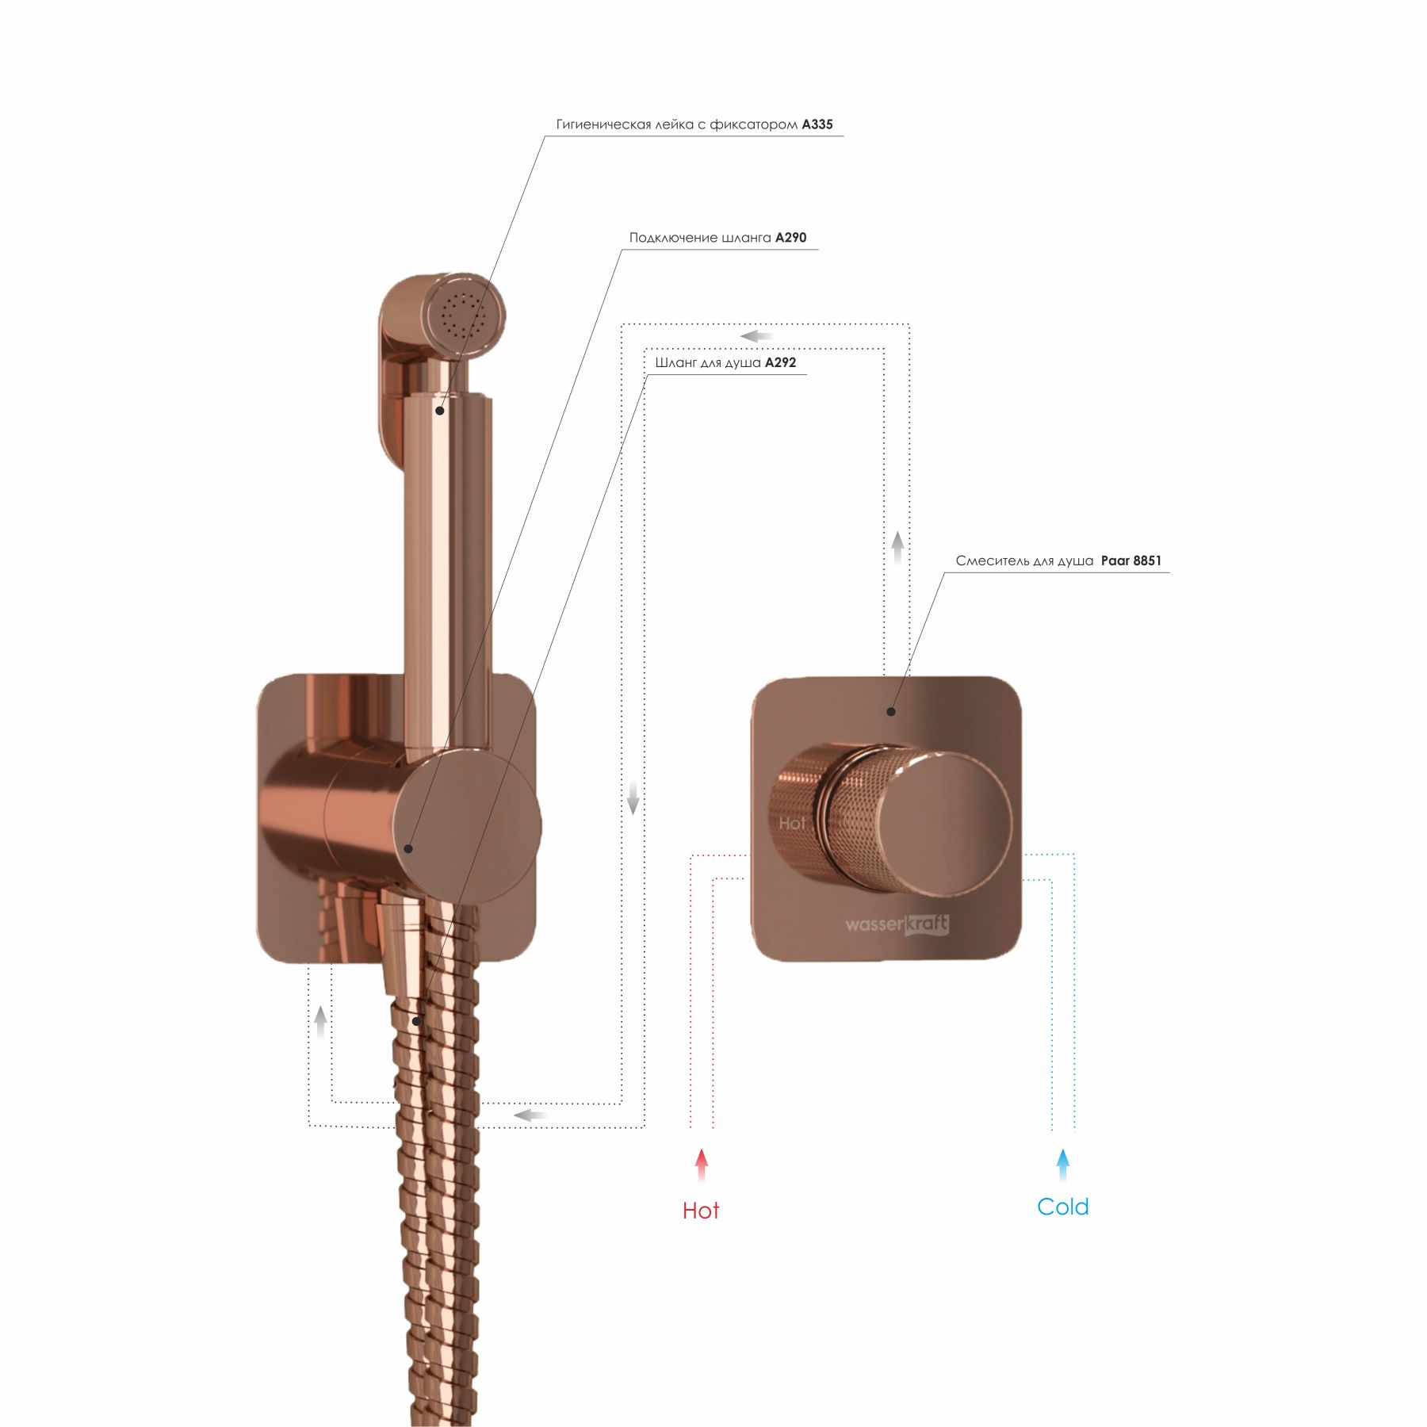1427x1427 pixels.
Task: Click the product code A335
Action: [x=817, y=124]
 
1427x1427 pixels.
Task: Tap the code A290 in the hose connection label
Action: [x=790, y=238]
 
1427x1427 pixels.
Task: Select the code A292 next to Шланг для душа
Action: [x=780, y=363]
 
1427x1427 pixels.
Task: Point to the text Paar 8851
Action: [x=1131, y=561]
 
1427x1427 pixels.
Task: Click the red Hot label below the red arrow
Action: [x=701, y=1211]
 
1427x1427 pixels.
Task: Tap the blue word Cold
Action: [x=1062, y=1207]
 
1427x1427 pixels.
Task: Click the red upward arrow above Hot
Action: [x=701, y=1165]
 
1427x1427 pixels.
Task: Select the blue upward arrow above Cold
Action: [x=1062, y=1165]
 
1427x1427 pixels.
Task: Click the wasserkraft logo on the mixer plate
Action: [x=897, y=924]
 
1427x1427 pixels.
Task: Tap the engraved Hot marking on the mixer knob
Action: [x=792, y=824]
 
